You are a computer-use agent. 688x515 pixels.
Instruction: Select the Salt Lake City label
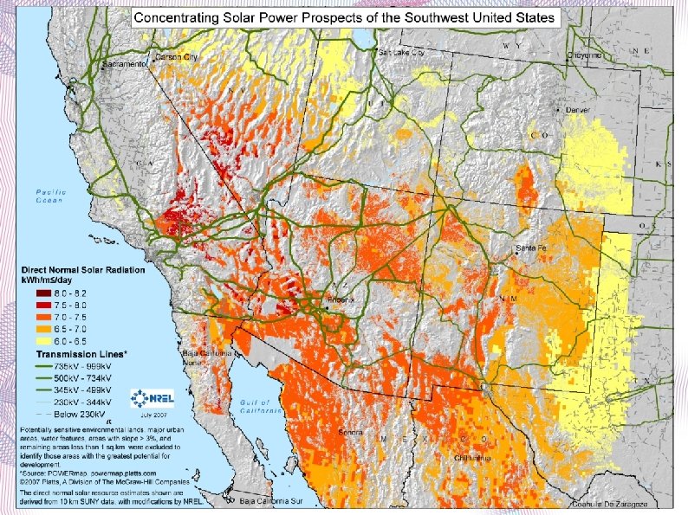tap(402, 53)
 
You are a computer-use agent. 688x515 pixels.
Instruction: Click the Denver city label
tap(576, 111)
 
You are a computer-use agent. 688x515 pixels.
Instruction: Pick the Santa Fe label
tap(531, 248)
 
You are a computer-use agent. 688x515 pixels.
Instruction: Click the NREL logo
tap(153, 399)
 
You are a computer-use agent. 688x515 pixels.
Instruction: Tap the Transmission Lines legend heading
tap(81, 355)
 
